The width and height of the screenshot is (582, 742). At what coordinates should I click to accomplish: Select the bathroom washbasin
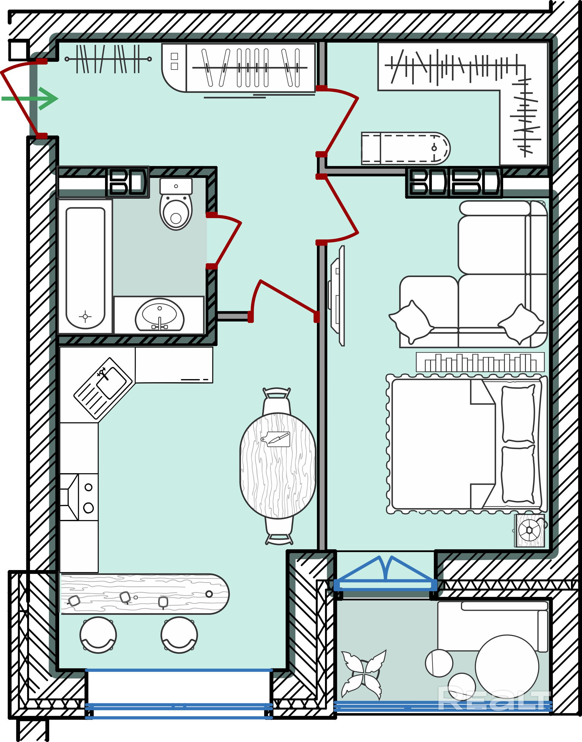point(159,315)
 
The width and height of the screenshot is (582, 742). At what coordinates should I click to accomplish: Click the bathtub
point(85,267)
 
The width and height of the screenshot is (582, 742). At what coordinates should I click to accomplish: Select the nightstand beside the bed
point(529,530)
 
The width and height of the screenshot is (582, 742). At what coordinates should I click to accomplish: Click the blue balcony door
point(386,576)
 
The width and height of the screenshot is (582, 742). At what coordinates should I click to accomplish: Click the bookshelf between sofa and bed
point(480,362)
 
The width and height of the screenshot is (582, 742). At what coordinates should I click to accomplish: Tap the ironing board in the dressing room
point(405,148)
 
